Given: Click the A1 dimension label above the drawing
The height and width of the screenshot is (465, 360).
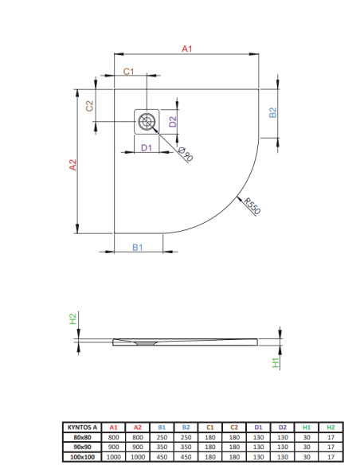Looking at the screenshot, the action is pos(187,49).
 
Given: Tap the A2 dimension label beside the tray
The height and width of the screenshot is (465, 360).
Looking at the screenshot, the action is pos(72,165).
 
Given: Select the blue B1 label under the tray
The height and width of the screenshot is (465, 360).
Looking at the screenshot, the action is pos(138,247).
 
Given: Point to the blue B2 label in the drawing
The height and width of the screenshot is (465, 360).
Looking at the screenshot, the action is pos(273,112).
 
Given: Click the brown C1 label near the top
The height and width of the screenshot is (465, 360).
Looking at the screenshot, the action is pos(129,72).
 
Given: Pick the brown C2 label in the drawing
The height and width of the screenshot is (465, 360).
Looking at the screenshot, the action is pos(89,106).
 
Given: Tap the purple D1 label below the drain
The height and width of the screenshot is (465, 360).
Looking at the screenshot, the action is pos(147,147).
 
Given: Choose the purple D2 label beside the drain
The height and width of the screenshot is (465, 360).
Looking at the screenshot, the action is pos(173,122).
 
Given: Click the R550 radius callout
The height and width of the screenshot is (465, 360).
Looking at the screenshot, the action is pos(252,205).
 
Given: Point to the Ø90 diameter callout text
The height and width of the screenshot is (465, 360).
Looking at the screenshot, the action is pos(186,154).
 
